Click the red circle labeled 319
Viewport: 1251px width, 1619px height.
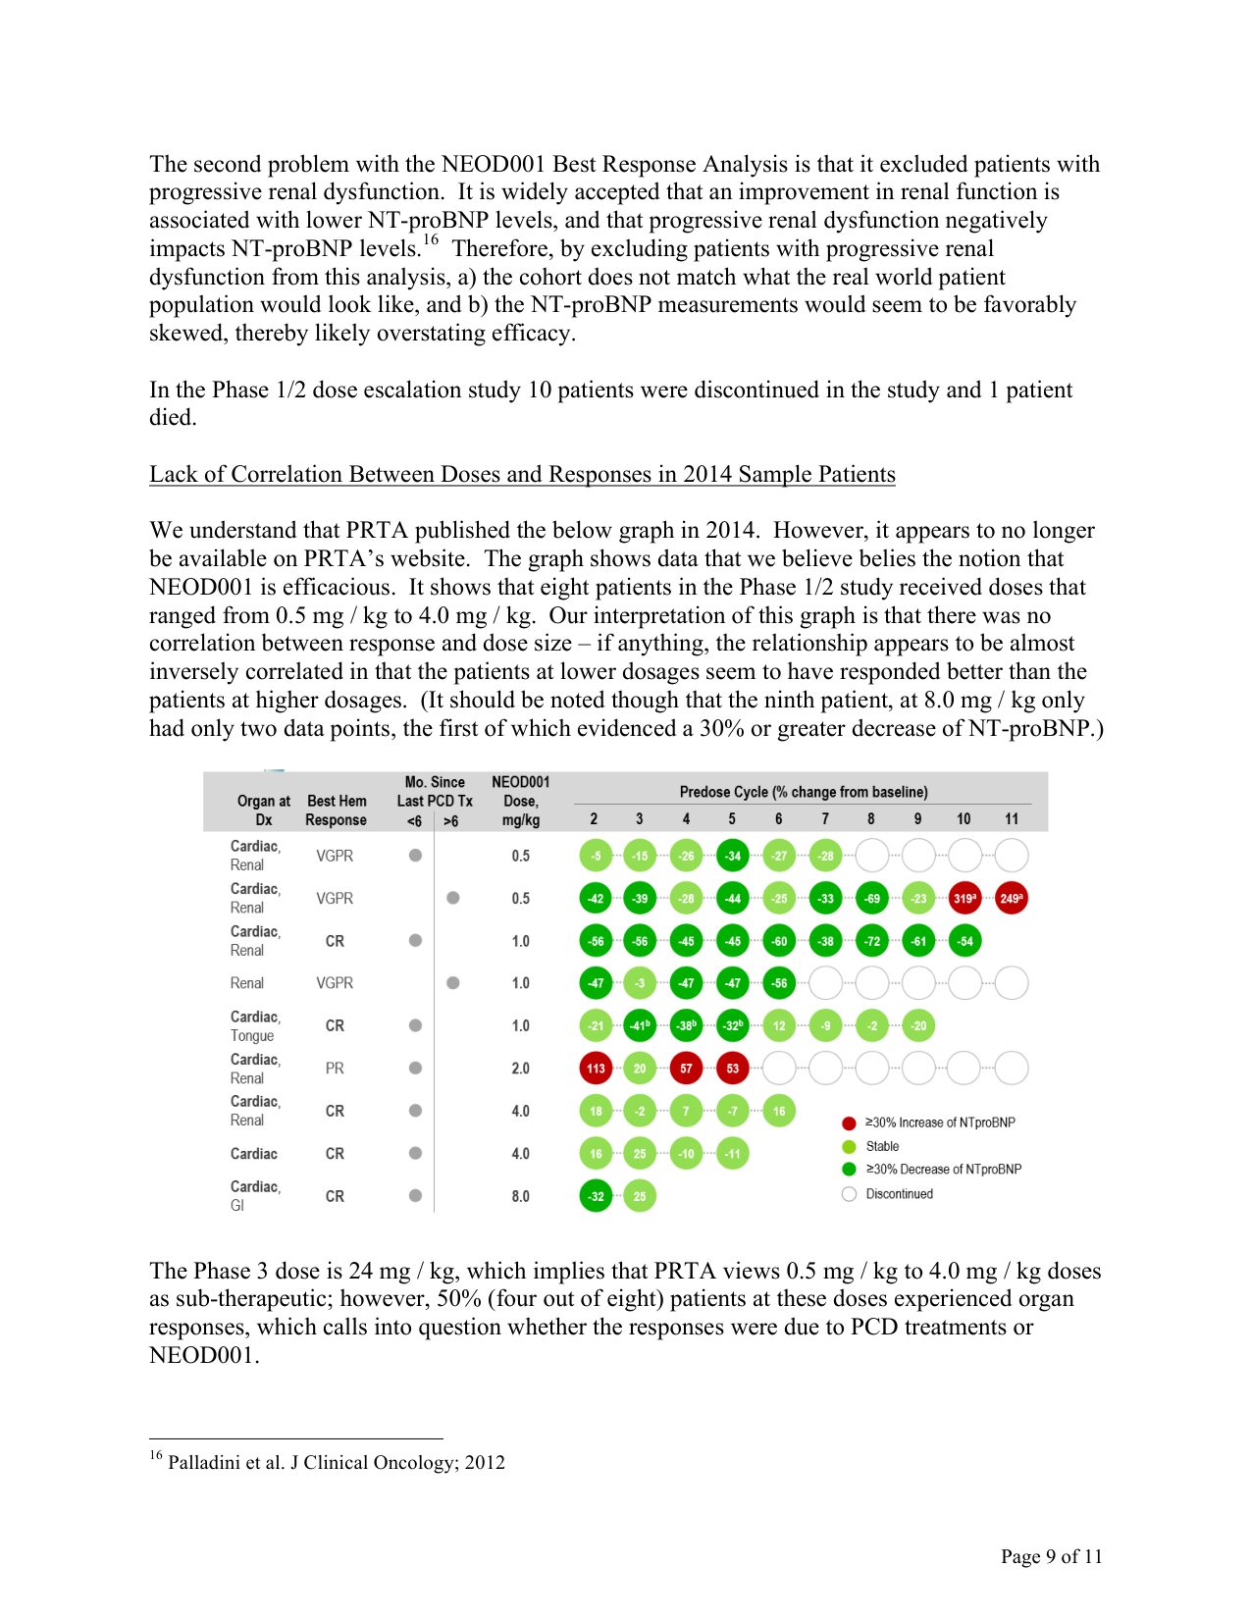pyautogui.click(x=964, y=899)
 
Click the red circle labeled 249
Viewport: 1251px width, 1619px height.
pyautogui.click(x=1011, y=899)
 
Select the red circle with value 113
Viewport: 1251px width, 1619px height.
pyautogui.click(x=596, y=1069)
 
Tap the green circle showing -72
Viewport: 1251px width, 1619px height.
pyautogui.click(x=871, y=941)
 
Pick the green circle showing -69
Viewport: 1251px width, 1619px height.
pyautogui.click(x=871, y=899)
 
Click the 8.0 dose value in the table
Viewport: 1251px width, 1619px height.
pyautogui.click(x=520, y=1196)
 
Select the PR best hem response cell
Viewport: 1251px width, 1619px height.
pyautogui.click(x=335, y=1069)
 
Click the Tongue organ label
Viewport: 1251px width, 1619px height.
pyautogui.click(x=252, y=1036)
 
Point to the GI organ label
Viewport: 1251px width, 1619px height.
pyautogui.click(x=237, y=1206)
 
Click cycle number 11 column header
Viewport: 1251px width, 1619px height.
pyautogui.click(x=1011, y=819)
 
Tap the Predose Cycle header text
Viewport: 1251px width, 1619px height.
pyautogui.click(x=803, y=792)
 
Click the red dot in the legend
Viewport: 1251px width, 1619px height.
pyautogui.click(x=850, y=1123)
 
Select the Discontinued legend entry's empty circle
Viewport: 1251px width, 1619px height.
pyautogui.click(x=850, y=1194)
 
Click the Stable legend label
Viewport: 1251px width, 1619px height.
pyautogui.click(x=882, y=1146)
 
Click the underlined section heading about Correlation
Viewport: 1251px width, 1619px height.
pyautogui.click(x=522, y=475)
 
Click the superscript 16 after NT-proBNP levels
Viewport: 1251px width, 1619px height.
pyautogui.click(x=430, y=241)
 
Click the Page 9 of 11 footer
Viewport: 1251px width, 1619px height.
pyautogui.click(x=1051, y=1556)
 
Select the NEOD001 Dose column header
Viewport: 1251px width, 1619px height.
pyautogui.click(x=520, y=801)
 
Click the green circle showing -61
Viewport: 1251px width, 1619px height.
pyautogui.click(x=918, y=941)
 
